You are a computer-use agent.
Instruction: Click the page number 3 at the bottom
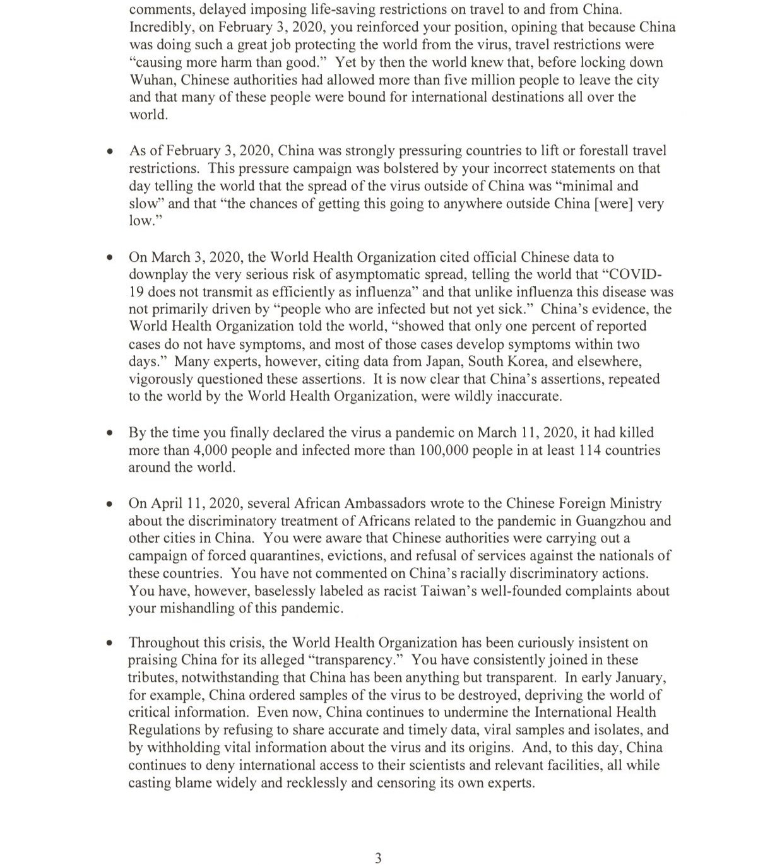(378, 857)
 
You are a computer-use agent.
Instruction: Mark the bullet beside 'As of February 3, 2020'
(110, 152)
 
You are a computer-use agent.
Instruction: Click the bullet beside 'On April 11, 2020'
(110, 505)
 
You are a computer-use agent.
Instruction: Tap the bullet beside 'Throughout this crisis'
(110, 644)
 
